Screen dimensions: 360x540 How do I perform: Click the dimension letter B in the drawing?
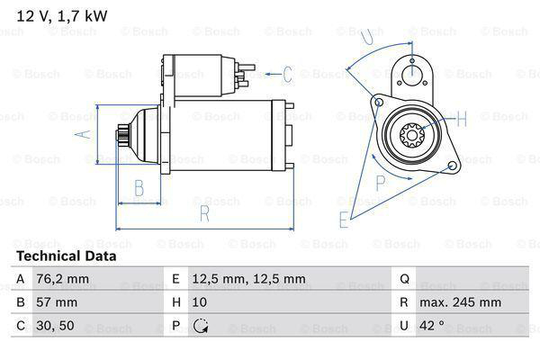click(139, 187)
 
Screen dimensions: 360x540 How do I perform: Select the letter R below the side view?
click(205, 213)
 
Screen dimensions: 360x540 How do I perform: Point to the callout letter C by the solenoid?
click(287, 74)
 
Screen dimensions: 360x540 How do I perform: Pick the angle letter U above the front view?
click(365, 37)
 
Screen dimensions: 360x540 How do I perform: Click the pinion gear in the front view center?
click(410, 136)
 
